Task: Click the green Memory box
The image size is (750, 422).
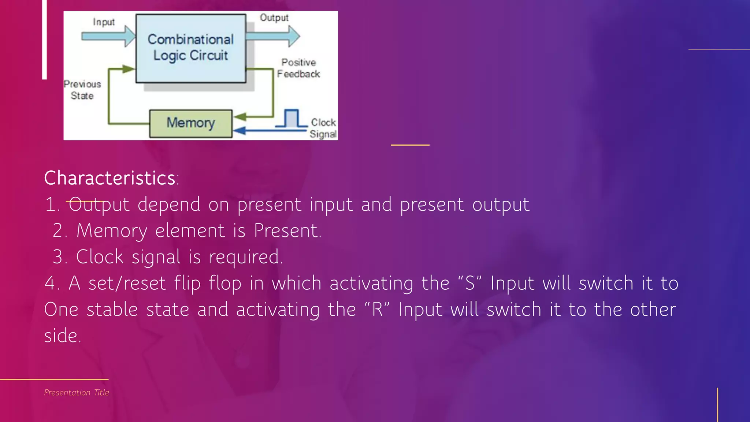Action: tap(191, 123)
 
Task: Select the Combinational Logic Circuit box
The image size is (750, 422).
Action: tap(191, 48)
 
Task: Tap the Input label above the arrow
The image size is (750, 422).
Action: tap(104, 22)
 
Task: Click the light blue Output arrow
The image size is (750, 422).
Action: tap(273, 36)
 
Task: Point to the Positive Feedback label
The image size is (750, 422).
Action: tap(298, 68)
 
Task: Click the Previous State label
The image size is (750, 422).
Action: tap(82, 90)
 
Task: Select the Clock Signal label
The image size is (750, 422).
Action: tap(323, 128)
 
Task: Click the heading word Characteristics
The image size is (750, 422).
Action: tap(110, 178)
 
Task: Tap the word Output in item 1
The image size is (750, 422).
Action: tap(99, 204)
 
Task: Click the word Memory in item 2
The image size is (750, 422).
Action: tap(112, 231)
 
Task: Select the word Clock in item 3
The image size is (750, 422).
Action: tap(100, 257)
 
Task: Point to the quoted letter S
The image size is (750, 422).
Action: tap(469, 283)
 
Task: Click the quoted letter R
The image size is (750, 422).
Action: tap(377, 310)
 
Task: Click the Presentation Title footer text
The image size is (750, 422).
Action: tap(77, 392)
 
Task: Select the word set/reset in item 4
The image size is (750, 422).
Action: tap(127, 283)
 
